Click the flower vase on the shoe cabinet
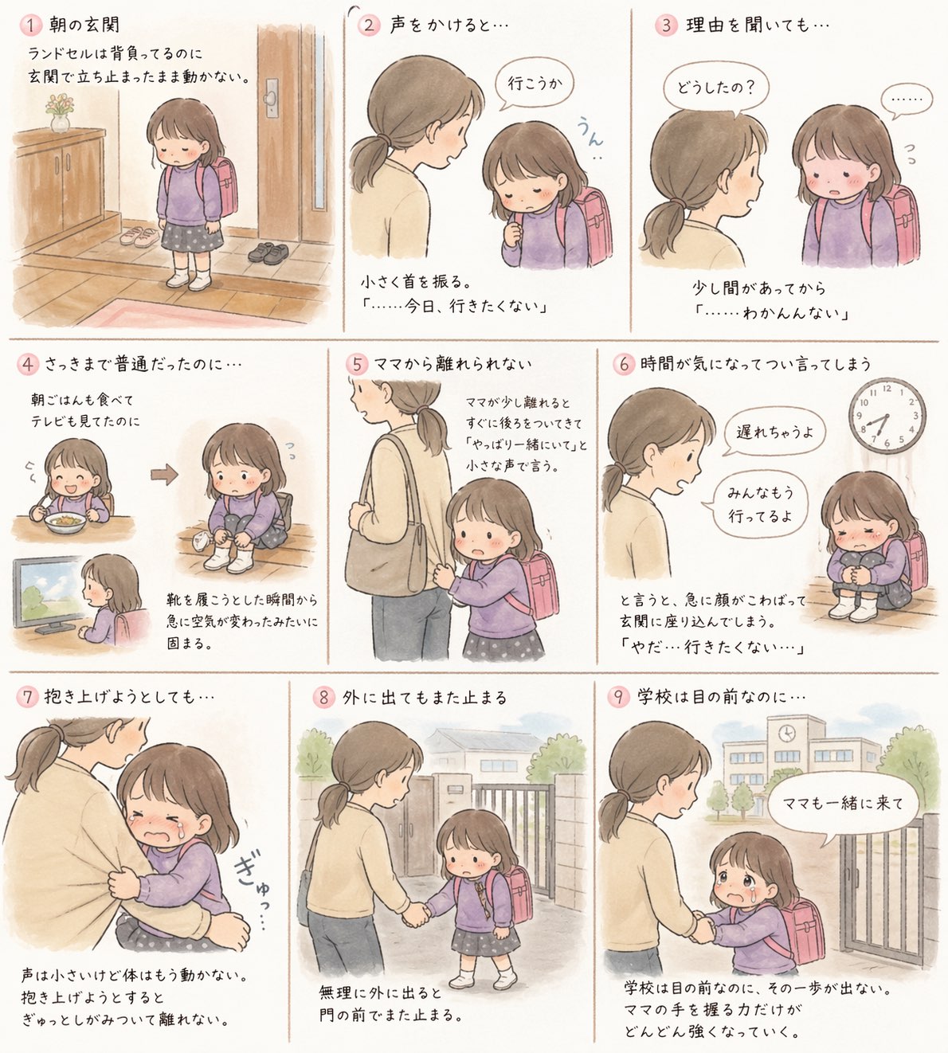pyautogui.click(x=60, y=112)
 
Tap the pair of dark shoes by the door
pyautogui.click(x=269, y=253)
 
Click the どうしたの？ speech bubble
pyautogui.click(x=715, y=89)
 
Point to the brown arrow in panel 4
pyautogui.click(x=164, y=475)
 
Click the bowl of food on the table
pyautogui.click(x=64, y=523)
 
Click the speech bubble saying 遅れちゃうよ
pyautogui.click(x=774, y=432)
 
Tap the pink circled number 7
pyautogui.click(x=28, y=697)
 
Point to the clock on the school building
pyautogui.click(x=786, y=733)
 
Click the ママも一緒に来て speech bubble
pyautogui.click(x=843, y=804)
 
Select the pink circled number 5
pyautogui.click(x=357, y=364)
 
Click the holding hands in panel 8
pyautogui.click(x=417, y=916)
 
